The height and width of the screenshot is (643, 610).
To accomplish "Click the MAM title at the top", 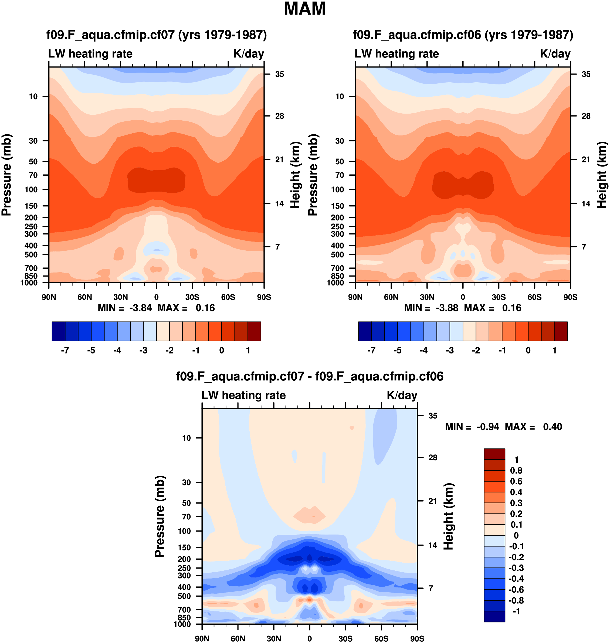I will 305,9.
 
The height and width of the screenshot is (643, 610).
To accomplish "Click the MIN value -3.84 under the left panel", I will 140,308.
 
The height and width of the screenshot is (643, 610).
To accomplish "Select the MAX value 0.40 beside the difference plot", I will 553,427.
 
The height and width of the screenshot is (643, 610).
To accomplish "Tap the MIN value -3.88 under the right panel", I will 447,308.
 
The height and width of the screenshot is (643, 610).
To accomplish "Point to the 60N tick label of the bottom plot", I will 238,638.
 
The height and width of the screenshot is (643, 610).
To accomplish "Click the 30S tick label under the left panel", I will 192,297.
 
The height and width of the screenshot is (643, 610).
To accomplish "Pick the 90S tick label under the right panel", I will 570,297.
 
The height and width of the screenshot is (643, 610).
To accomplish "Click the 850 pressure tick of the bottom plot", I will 184,617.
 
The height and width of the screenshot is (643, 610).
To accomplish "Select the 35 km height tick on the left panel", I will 279,74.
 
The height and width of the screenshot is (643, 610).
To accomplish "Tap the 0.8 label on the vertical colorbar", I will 516,470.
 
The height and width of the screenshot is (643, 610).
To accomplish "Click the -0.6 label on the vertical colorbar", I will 516,589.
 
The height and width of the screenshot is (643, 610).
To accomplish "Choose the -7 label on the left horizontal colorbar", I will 65,351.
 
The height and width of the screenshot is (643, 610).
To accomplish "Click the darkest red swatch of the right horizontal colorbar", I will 561,331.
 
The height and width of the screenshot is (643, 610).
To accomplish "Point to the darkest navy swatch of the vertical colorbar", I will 494,616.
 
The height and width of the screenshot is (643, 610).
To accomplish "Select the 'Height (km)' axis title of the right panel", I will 602,175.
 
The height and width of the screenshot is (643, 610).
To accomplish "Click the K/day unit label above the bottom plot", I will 402,395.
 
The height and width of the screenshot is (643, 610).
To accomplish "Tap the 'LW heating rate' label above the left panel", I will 90,54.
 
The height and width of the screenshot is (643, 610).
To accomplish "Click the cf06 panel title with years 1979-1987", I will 463,35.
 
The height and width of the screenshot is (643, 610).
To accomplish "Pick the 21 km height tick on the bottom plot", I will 432,501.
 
